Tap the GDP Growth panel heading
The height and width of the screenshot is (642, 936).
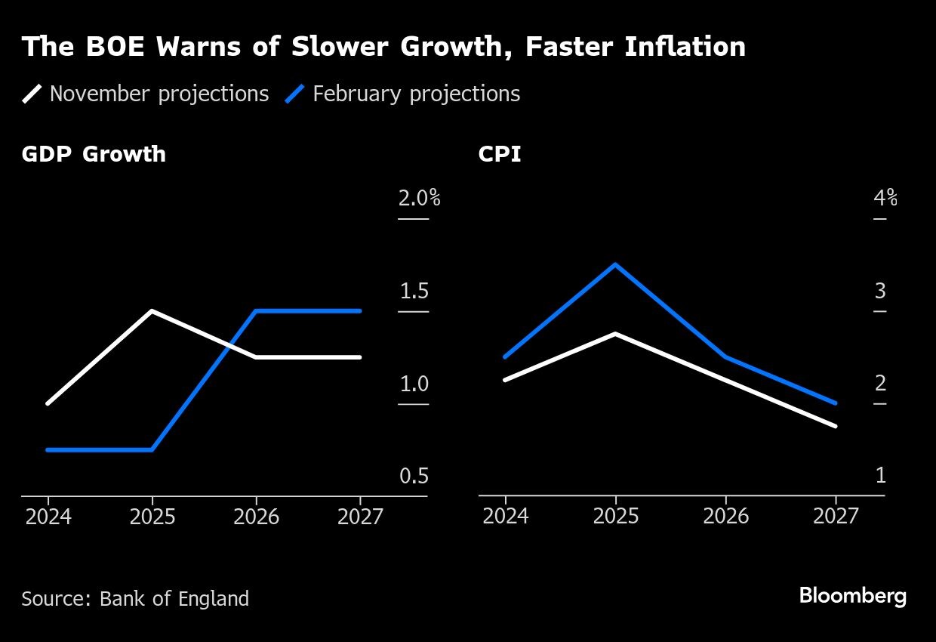(x=94, y=154)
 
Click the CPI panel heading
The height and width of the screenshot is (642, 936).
(x=499, y=154)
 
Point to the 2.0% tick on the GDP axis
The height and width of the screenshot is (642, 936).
(x=419, y=199)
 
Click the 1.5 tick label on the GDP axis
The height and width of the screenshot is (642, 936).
(x=414, y=292)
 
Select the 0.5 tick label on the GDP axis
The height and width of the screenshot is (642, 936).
(x=414, y=477)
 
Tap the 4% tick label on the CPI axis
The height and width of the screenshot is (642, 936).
(x=885, y=199)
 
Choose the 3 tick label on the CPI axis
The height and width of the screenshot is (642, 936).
(x=880, y=292)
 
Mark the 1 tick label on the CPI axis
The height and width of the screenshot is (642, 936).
(x=880, y=477)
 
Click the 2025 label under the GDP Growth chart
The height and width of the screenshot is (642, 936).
(x=152, y=517)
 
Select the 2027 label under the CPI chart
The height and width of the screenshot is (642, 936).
(x=836, y=517)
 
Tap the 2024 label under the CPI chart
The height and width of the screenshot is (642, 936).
(x=505, y=517)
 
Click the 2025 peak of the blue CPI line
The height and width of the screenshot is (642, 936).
(x=616, y=264)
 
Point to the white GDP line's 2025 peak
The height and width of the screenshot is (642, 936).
(x=152, y=311)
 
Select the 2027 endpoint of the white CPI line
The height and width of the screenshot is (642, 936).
(x=836, y=426)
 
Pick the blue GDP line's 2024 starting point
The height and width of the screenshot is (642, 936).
(x=48, y=450)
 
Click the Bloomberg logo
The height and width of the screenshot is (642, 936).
(x=852, y=596)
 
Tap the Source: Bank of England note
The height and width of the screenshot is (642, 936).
(x=135, y=599)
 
